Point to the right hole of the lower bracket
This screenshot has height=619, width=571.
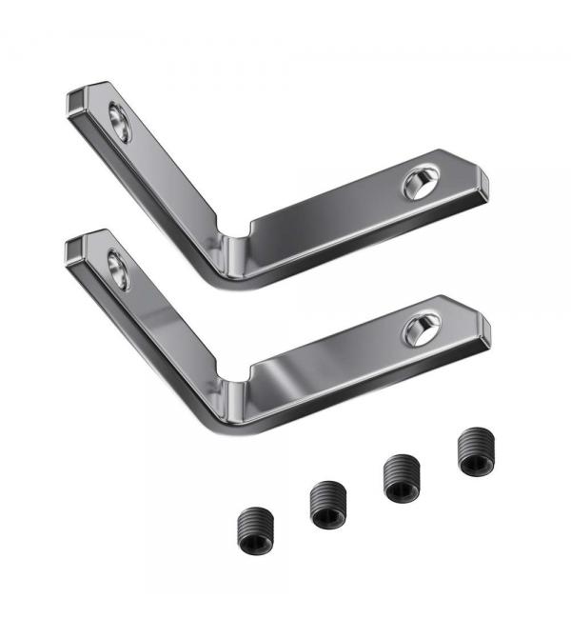(420, 329)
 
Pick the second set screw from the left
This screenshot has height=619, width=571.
(326, 502)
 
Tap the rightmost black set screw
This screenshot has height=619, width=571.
(475, 450)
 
